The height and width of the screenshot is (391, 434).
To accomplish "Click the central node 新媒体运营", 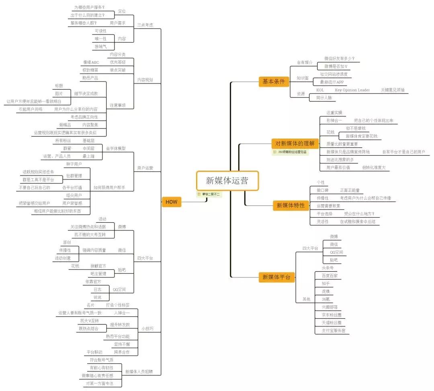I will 227,181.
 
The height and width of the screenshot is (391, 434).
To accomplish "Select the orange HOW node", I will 171,202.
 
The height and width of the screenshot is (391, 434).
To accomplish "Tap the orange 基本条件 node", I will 273,81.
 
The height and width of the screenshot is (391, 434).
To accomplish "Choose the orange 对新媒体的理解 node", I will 295,143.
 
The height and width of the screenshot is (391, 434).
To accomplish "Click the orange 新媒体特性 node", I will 291,205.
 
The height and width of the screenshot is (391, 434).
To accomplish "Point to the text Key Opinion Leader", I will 352,90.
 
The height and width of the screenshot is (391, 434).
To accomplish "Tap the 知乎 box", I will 326,283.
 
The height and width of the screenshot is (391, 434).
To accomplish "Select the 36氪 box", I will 326,299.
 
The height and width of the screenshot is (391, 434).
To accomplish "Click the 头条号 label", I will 328,268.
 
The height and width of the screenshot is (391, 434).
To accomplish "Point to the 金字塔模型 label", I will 116,148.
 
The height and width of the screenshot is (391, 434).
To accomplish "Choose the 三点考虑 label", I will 145,24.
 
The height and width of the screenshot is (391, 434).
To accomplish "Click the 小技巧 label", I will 147,329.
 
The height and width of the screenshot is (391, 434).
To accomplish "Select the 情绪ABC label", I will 91,62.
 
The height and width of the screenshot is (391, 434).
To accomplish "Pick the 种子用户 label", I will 74,164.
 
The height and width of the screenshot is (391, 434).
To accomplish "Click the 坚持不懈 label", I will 122,344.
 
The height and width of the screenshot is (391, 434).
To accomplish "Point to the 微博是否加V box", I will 336,66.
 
